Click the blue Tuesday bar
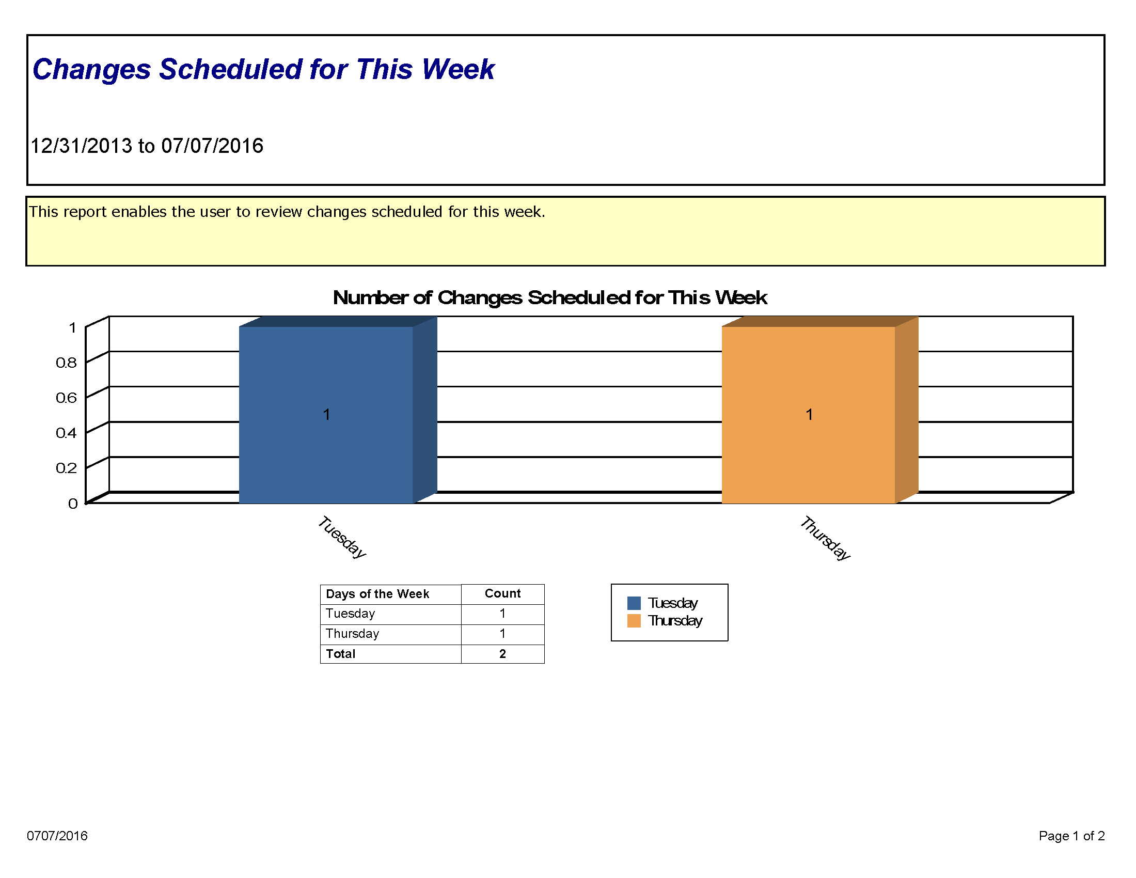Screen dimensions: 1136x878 pos(326,415)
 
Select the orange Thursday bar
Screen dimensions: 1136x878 pos(809,415)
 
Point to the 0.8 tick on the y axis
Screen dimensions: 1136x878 pos(66,363)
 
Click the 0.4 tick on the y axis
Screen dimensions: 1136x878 pos(66,433)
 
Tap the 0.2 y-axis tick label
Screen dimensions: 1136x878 pos(66,468)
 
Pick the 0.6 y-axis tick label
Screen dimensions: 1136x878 pos(66,398)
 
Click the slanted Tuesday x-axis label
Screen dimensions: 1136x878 pos(342,537)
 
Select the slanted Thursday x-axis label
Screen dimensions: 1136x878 pos(825,538)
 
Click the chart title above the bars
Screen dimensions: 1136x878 pos(550,298)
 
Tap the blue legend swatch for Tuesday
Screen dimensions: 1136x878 pos(634,603)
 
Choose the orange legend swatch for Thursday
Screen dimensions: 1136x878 pos(634,620)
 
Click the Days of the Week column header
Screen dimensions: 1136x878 pos(377,594)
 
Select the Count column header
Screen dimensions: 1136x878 pos(502,593)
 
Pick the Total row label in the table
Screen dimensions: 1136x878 pos(341,654)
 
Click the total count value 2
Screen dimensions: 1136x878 pos(502,654)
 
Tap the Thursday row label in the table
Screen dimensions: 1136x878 pos(352,634)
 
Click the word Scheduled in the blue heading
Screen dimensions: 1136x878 pos(231,69)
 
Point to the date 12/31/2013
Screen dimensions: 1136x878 pos(81,146)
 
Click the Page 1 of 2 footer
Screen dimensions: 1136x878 pos(1071,835)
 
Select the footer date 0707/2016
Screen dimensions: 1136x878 pos(57,835)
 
